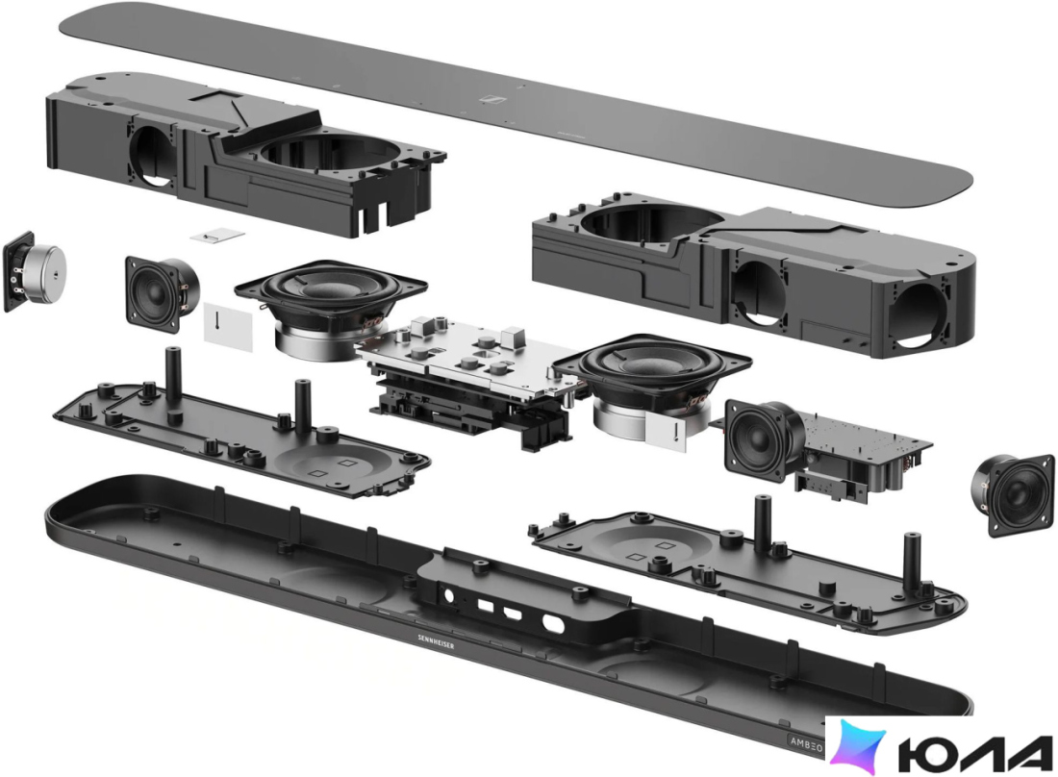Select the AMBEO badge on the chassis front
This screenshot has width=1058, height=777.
pos(806,741)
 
